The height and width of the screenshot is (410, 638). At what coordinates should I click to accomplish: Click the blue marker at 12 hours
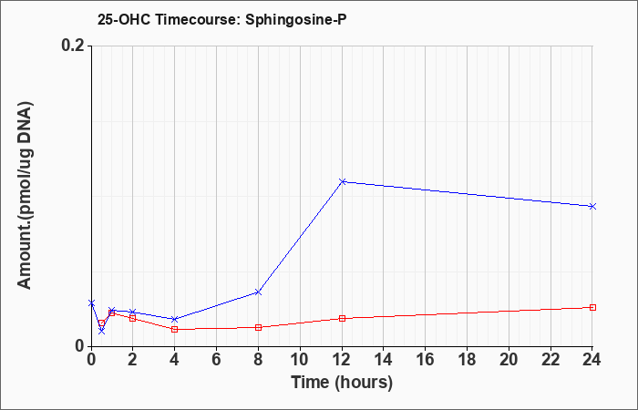pos(343,181)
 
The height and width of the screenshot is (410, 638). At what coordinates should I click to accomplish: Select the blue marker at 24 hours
pos(592,206)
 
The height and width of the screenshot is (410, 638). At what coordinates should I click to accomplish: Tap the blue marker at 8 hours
pos(258,292)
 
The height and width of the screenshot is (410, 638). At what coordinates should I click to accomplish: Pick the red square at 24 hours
pos(592,308)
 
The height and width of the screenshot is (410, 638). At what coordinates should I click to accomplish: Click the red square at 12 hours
pos(342,319)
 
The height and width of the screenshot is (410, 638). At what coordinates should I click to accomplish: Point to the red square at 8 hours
pos(258,327)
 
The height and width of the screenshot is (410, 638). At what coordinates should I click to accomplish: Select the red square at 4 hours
pos(175,329)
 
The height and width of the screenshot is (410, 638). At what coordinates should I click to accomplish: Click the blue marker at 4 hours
pos(175,319)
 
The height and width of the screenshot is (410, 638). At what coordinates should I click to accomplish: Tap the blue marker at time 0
pos(91,302)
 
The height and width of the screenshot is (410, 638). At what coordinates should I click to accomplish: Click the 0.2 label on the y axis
pos(73,46)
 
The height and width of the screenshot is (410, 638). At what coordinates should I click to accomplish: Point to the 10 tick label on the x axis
pos(300,360)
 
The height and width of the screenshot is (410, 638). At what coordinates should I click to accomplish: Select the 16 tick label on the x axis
pos(426,360)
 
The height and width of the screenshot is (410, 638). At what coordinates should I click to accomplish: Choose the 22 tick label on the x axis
pos(551,360)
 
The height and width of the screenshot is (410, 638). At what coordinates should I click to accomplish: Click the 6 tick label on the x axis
pos(216,360)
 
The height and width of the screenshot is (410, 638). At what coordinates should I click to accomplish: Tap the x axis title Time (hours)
pos(342,383)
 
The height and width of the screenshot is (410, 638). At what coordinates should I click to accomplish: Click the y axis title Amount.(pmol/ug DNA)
pos(26,195)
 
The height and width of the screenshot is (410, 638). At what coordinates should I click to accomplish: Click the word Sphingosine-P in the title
pos(296,20)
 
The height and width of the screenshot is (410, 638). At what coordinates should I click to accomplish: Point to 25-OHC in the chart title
pos(125,19)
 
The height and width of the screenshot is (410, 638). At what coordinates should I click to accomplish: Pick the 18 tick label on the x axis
pos(467,360)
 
